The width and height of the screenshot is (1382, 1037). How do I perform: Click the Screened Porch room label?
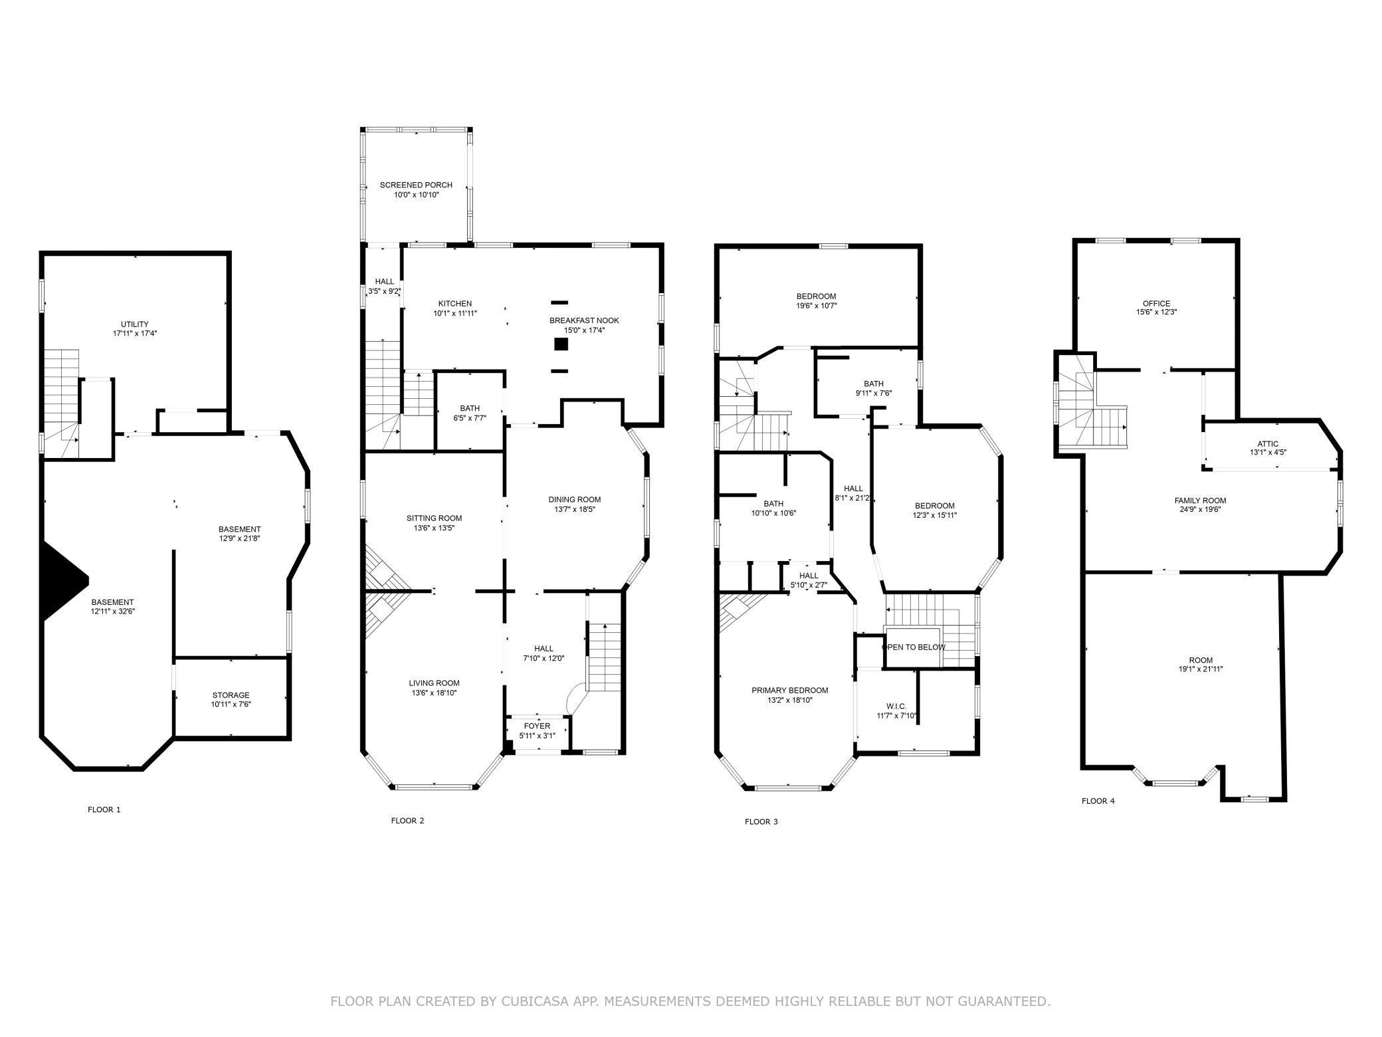(x=416, y=185)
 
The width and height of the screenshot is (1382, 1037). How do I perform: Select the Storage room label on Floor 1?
(x=231, y=695)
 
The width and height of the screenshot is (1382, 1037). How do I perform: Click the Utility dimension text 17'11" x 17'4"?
(x=135, y=334)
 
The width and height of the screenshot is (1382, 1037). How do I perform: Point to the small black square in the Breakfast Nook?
(x=561, y=344)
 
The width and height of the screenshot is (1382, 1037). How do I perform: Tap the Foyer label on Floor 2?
(x=537, y=726)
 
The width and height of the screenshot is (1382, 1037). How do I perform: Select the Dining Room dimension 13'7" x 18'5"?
(x=575, y=509)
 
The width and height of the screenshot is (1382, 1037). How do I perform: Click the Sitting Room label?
(x=434, y=518)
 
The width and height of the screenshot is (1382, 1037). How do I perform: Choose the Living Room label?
(x=434, y=683)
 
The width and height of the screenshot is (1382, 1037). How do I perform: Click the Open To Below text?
(x=913, y=647)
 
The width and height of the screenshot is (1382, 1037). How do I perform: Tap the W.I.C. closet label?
(x=896, y=706)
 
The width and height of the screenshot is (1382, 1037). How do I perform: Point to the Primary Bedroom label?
(x=790, y=690)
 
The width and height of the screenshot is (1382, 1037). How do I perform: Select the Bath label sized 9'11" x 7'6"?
(x=874, y=384)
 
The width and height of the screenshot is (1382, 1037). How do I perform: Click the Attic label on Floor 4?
(x=1268, y=444)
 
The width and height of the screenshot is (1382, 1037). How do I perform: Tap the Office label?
(x=1156, y=303)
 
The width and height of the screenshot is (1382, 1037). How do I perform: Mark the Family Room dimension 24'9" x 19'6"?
(x=1200, y=510)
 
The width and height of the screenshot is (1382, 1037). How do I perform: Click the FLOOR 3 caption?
(x=761, y=822)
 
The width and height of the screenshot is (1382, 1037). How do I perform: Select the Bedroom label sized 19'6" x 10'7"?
(x=816, y=296)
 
